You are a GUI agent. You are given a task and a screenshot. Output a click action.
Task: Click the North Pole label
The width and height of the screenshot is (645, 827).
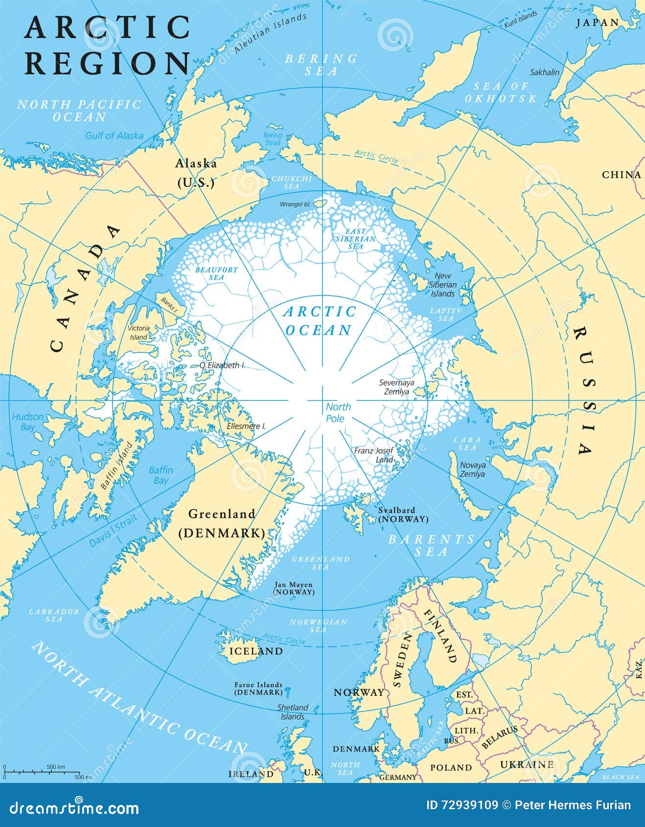[338, 413]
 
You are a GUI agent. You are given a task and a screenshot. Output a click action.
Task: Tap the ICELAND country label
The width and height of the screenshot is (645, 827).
[256, 651]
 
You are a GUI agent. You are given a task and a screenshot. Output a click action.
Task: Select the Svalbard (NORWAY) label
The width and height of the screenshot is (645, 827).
[403, 514]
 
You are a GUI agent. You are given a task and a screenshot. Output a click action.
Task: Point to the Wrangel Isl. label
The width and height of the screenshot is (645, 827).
[295, 204]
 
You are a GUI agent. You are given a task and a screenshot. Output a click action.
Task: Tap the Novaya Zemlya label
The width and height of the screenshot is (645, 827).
[472, 469]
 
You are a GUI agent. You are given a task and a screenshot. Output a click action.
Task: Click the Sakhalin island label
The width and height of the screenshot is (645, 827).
[545, 72]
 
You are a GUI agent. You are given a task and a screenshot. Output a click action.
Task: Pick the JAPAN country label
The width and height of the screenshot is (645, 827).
[597, 23]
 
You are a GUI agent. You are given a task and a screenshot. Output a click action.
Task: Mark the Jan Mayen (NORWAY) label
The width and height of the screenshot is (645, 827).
[293, 588]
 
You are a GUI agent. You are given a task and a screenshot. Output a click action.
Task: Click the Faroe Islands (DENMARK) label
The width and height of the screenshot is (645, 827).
[258, 689]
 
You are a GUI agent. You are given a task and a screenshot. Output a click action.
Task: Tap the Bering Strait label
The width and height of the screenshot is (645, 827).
[273, 139]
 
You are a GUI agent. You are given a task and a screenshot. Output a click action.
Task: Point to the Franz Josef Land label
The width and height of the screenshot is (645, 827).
[374, 455]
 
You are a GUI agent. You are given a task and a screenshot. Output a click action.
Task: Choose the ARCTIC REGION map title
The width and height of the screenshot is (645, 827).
[107, 45]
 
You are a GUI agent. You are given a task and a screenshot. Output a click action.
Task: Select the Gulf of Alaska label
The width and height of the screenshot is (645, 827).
[114, 136]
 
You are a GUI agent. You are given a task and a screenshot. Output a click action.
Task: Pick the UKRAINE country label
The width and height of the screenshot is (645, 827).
[527, 764]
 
